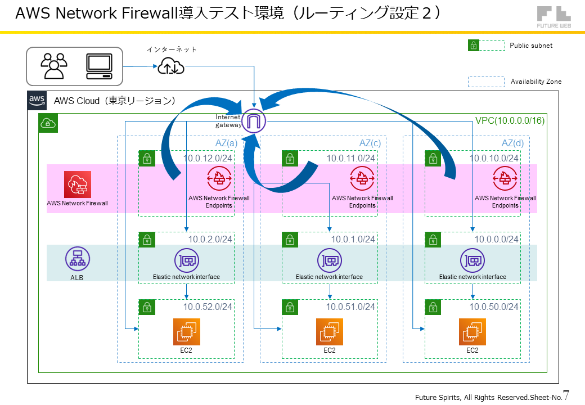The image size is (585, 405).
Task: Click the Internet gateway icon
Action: point(254,120)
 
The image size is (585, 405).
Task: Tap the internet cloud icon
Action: point(170,67)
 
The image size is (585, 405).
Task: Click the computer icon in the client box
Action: point(99,66)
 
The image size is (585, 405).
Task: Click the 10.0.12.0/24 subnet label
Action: point(208,158)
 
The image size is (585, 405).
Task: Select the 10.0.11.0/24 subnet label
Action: point(351,158)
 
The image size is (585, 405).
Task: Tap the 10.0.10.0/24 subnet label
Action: point(494,158)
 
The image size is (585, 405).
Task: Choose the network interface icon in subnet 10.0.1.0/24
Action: point(330,260)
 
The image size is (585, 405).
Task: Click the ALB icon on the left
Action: point(77,259)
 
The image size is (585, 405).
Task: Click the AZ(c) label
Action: point(370,143)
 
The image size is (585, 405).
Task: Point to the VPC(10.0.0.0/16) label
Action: point(510,120)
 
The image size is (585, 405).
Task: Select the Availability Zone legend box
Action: point(486,82)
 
